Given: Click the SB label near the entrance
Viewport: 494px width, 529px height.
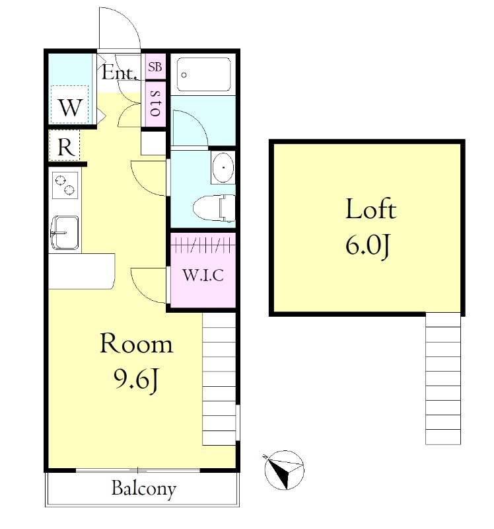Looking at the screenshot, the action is (155, 67).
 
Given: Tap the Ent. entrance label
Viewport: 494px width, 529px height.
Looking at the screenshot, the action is (120, 72).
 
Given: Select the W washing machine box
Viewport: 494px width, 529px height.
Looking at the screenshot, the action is (70, 104).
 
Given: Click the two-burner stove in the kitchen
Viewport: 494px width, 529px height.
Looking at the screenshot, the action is (65, 185).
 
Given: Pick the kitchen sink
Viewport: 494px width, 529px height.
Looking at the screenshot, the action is (65, 233).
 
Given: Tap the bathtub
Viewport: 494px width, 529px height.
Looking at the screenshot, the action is (203, 74).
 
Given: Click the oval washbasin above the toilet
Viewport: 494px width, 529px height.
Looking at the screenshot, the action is (223, 167).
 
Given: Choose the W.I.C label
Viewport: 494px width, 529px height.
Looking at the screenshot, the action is (203, 275).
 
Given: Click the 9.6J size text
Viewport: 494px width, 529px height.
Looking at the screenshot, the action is (136, 380).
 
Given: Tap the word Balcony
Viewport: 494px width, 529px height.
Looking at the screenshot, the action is (144, 488).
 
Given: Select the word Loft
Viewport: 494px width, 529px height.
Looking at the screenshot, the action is (370, 208).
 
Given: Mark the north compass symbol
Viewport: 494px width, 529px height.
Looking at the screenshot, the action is (284, 470).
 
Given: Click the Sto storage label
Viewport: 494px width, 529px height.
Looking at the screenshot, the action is (155, 103).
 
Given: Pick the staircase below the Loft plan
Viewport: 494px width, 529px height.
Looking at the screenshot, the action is (442, 379).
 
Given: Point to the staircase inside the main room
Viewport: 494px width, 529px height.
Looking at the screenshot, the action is (219, 379).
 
